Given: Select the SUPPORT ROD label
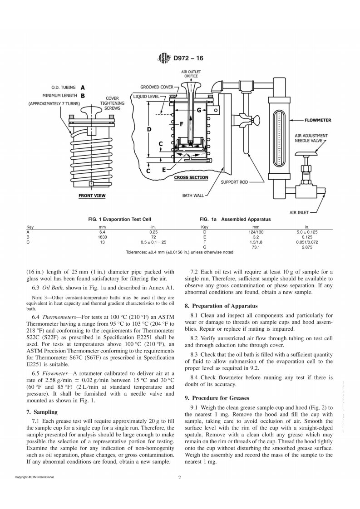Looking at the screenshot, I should point(234,182).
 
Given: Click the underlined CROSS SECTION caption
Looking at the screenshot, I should point(191,177).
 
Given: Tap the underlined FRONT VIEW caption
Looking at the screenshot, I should point(92,196).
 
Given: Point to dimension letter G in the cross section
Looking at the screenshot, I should point(199,110).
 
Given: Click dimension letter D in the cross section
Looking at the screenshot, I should point(149,130).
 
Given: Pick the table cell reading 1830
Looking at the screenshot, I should point(102,237).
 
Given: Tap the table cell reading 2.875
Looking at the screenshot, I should point(307,247).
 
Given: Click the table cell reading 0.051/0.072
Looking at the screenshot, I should point(307,242).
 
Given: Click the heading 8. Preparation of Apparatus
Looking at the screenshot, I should point(221,306).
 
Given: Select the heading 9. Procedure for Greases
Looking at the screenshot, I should point(217,398).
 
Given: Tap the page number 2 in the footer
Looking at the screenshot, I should point(180,477).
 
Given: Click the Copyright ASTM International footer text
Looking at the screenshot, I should point(35,477).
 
